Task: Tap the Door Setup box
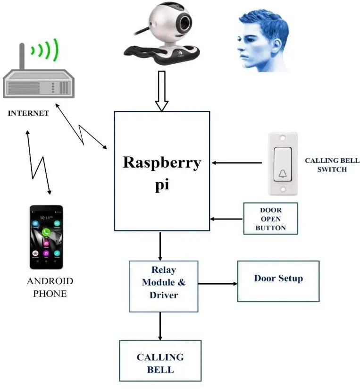[x=278, y=281]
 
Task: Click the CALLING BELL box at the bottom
[x=160, y=363]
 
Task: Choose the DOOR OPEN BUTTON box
[x=270, y=219]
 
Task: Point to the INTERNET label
[x=28, y=113]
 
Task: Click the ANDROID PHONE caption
[x=50, y=287]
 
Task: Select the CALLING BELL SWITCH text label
[x=332, y=165]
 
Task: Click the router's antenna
[x=22, y=56]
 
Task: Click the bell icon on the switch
[x=282, y=173]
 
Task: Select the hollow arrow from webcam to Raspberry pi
[x=162, y=91]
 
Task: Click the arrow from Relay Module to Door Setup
[x=218, y=284]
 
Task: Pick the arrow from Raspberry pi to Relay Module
[x=160, y=245]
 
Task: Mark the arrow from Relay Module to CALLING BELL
[x=160, y=326]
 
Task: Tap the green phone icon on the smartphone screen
[x=46, y=232]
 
